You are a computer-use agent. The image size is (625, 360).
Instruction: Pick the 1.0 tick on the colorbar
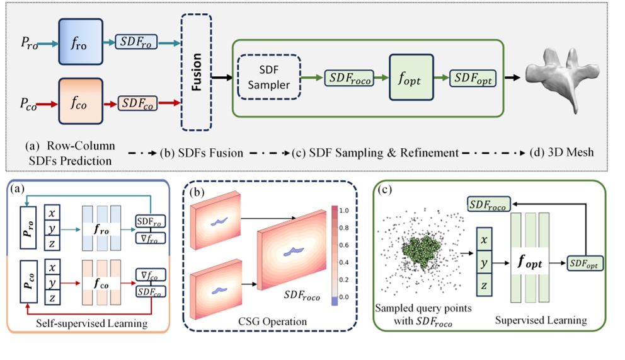(x=343, y=210)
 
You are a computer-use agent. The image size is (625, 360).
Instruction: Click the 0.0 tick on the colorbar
(x=343, y=296)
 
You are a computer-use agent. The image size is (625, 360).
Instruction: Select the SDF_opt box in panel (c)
(x=586, y=262)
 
